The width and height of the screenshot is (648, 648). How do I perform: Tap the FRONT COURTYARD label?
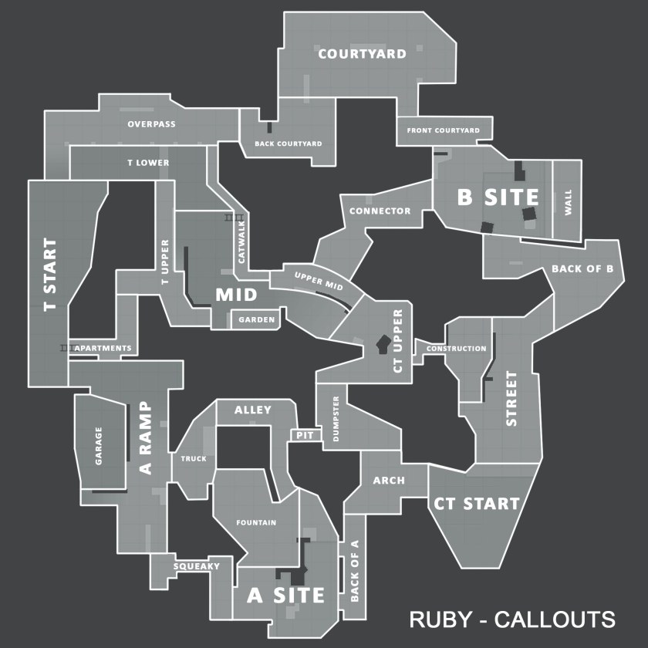click(444, 130)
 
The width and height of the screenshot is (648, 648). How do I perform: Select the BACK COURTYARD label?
click(289, 143)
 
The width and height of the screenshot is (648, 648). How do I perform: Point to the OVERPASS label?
click(151, 123)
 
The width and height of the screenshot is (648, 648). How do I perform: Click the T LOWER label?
click(148, 163)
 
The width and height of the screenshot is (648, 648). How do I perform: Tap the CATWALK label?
click(241, 242)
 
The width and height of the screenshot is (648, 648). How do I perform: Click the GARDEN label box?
click(256, 319)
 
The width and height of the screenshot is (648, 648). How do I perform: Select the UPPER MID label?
click(319, 280)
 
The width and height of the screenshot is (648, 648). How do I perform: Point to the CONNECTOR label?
click(380, 211)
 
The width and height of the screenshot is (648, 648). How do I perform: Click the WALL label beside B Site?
click(569, 202)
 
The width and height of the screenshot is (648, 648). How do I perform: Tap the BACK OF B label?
click(582, 269)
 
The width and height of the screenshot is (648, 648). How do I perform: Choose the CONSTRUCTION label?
click(457, 349)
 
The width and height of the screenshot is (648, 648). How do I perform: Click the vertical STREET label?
click(511, 399)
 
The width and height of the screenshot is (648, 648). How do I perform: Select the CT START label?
click(476, 504)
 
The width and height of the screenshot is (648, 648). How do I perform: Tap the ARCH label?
click(389, 481)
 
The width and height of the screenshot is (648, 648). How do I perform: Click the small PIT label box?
click(305, 436)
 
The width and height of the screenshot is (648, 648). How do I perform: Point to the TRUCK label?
click(194, 459)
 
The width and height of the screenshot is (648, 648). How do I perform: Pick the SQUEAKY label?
click(196, 566)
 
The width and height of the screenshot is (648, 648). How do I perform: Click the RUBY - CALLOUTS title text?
click(511, 619)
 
